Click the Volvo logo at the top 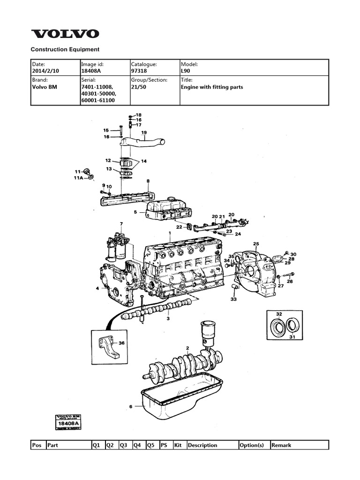pyautogui.click(x=65, y=34)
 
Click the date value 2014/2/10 pyautogui.click(x=46, y=71)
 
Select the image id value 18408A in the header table pyautogui.click(x=92, y=71)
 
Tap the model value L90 pyautogui.click(x=186, y=71)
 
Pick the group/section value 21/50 pyautogui.click(x=139, y=87)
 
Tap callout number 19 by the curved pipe pyautogui.click(x=144, y=133)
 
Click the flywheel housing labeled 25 pyautogui.click(x=255, y=272)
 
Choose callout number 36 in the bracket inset pyautogui.click(x=121, y=343)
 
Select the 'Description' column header pyautogui.click(x=202, y=445)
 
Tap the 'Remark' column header pyautogui.click(x=281, y=445)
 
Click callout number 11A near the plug pyautogui.click(x=78, y=178)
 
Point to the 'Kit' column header pyautogui.click(x=178, y=445)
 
